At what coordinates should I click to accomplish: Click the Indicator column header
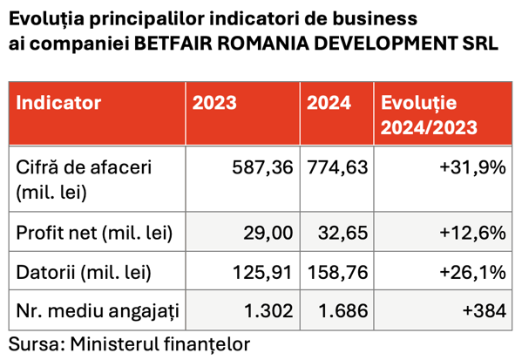(x=58, y=103)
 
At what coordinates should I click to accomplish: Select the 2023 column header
(x=214, y=103)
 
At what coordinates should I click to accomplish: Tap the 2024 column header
(x=329, y=103)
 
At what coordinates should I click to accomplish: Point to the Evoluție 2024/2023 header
(x=429, y=115)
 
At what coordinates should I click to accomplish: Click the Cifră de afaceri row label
(x=84, y=180)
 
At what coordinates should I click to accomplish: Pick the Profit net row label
(x=94, y=233)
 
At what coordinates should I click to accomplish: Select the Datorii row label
(x=84, y=272)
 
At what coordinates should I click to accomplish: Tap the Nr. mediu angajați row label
(x=98, y=311)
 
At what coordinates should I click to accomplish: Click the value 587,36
(x=262, y=167)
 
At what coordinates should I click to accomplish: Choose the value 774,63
(x=337, y=167)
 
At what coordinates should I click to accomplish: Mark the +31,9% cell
(x=472, y=167)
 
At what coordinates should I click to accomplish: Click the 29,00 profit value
(x=268, y=233)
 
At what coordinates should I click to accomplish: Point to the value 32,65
(x=342, y=233)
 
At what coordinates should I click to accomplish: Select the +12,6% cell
(x=472, y=233)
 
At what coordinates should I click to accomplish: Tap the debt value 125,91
(x=262, y=272)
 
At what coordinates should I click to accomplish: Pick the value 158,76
(x=337, y=272)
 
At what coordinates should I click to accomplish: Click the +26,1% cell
(x=472, y=272)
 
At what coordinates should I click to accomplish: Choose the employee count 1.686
(x=343, y=311)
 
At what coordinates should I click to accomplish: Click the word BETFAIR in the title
(x=173, y=44)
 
